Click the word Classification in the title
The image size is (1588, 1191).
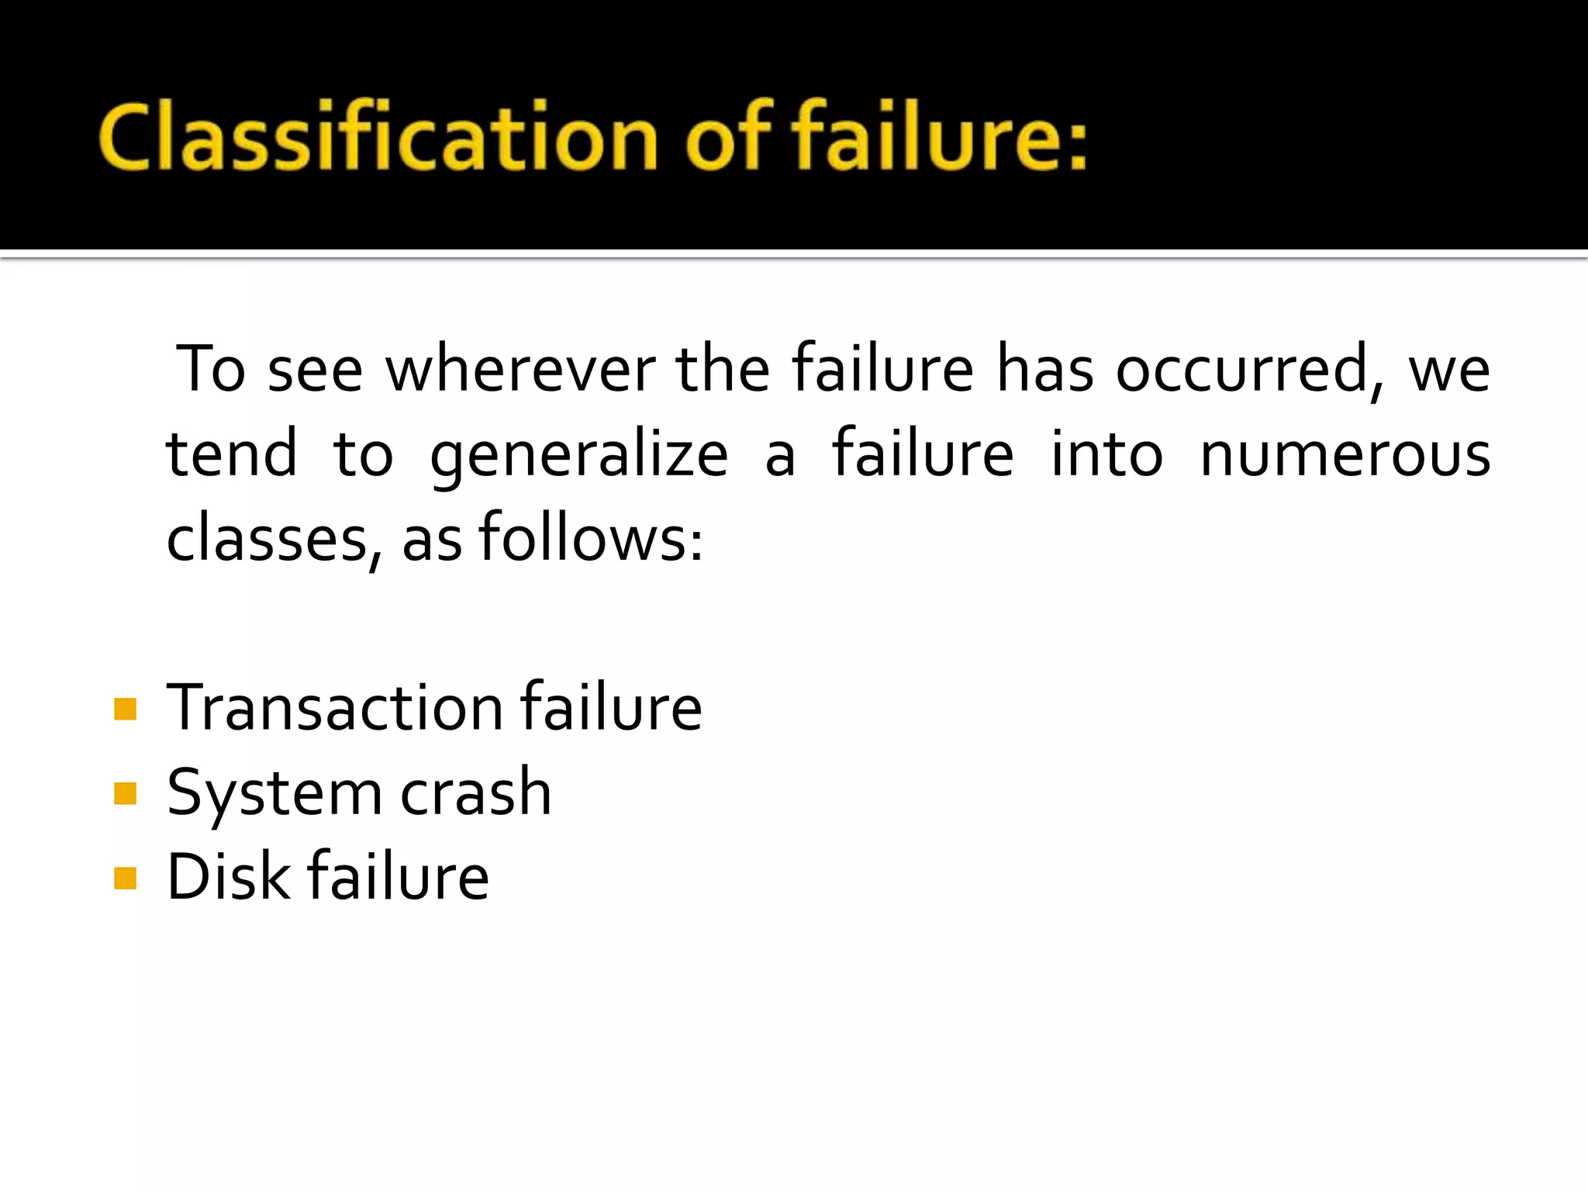pos(378,137)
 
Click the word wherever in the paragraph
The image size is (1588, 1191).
pos(520,369)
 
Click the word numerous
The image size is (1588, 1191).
pos(1345,454)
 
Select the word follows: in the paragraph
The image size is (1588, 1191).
pos(591,537)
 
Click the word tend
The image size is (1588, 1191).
pos(232,454)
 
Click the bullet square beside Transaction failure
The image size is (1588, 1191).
pos(125,709)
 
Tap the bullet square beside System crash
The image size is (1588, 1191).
pos(125,793)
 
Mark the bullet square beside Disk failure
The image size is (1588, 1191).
pos(125,878)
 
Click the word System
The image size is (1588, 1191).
pos(272,794)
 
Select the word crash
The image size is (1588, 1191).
pos(475,792)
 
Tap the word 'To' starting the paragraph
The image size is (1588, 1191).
pos(211,369)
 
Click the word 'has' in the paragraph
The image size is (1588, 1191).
pos(1045,369)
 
